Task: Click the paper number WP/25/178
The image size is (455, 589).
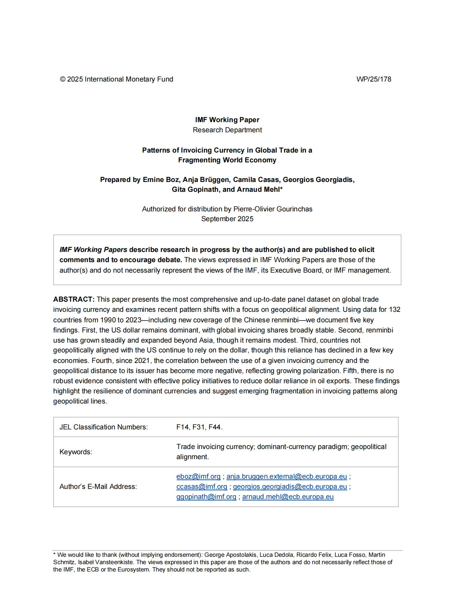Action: point(373,79)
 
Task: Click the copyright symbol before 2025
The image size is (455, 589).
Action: point(63,79)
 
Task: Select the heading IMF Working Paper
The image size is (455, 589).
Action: point(227,120)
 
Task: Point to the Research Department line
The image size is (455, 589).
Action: point(227,130)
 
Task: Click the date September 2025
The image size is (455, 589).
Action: point(227,219)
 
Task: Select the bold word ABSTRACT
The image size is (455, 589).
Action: point(73,299)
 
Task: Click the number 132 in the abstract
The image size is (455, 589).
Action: point(394,309)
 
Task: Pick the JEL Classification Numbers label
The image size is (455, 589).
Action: point(104,427)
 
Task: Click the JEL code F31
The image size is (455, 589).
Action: point(199,427)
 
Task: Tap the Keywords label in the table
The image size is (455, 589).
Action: point(76,452)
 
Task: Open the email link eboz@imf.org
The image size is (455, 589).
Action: point(198,476)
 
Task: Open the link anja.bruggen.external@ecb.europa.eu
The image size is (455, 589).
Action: point(287,476)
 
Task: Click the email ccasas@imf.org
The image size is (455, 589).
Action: point(202,486)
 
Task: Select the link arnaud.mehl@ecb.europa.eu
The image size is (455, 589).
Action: point(288,497)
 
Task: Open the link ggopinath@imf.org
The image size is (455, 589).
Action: point(206,497)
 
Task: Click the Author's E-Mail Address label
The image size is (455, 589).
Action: point(98,486)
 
